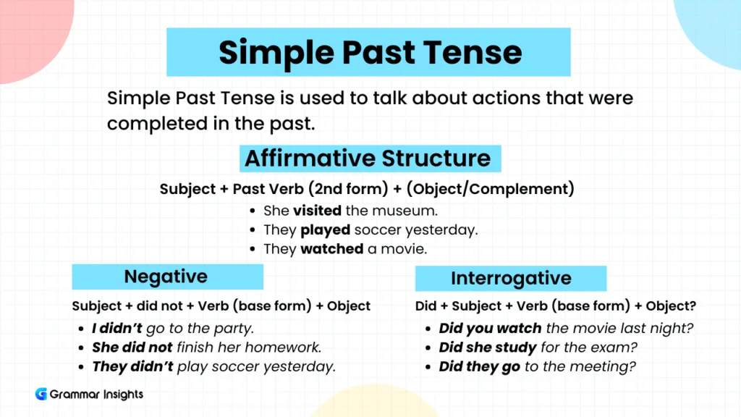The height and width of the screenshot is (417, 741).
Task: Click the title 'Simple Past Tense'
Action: point(369,52)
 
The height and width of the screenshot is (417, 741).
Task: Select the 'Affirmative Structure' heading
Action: point(368,158)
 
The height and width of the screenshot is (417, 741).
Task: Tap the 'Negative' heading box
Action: point(166,277)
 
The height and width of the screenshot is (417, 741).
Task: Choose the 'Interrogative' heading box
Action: point(511,279)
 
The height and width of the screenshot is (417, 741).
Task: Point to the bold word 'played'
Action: point(325,230)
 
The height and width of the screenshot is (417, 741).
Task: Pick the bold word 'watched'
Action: point(332,249)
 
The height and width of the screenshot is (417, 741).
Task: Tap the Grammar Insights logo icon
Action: point(41,395)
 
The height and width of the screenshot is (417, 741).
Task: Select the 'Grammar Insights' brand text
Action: point(96,395)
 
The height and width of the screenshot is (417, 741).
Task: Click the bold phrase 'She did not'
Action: point(132,347)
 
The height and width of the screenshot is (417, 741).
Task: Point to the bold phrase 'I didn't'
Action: point(117,329)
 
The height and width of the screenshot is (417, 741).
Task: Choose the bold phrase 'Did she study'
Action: point(488,347)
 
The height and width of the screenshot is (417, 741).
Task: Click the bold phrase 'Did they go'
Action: point(480,366)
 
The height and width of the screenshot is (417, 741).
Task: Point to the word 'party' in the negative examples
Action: point(232,329)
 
